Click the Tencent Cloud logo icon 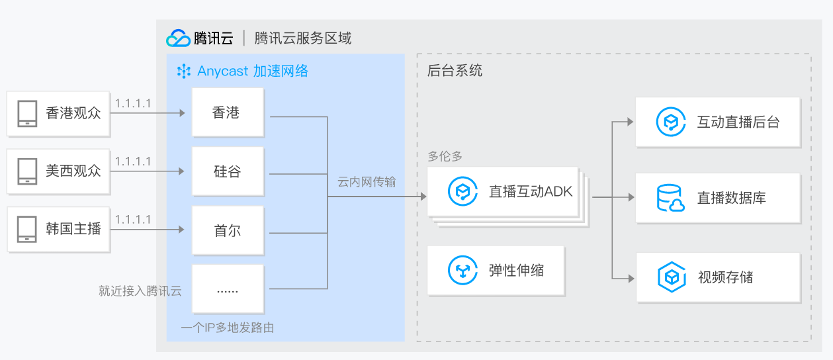tap(178, 38)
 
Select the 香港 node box tap(228, 112)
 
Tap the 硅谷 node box tap(228, 171)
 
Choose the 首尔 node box tap(228, 231)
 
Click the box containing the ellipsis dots tap(228, 290)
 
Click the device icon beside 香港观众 tap(27, 113)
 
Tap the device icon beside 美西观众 tap(27, 171)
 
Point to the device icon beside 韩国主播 tap(27, 229)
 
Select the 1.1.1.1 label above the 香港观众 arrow tap(133, 103)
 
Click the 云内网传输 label tap(367, 181)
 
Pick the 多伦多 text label tap(445, 157)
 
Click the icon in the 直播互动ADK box tap(463, 192)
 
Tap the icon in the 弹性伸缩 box tap(463, 270)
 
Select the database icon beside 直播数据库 tap(670, 198)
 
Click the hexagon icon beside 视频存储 tap(671, 277)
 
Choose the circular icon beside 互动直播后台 tap(670, 122)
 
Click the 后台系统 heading tap(455, 71)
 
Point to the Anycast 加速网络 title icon tap(183, 71)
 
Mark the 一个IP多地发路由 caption tap(228, 328)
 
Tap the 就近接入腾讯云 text tap(140, 291)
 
